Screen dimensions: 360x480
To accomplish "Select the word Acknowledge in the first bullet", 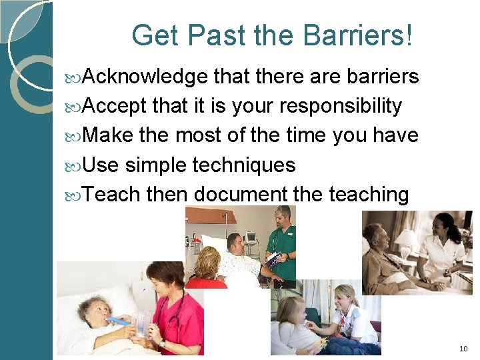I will pyautogui.click(x=147, y=77).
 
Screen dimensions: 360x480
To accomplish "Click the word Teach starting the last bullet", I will pyautogui.click(x=113, y=194).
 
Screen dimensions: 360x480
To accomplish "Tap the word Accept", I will pyautogui.click(x=116, y=107).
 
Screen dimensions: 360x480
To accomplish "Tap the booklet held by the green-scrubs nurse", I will pyautogui.click(x=272, y=259).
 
